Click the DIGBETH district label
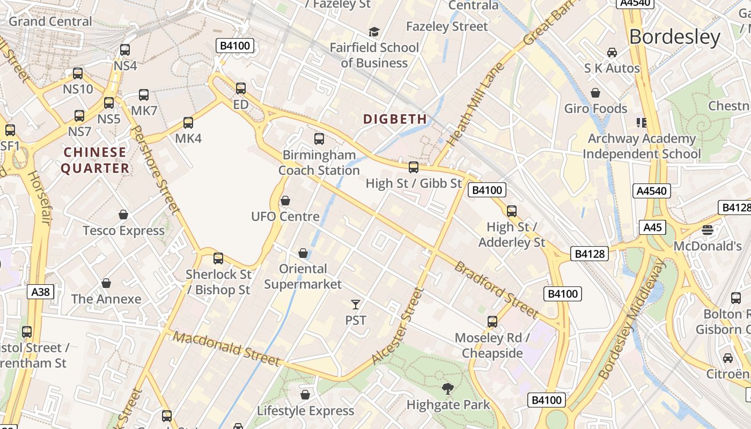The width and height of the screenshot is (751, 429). [x=395, y=119]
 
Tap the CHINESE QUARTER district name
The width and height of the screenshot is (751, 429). [x=95, y=160]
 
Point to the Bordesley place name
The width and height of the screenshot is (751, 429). [x=675, y=36]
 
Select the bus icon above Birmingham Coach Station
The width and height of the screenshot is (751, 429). [x=319, y=139]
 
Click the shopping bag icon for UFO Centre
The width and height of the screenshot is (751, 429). [x=285, y=201]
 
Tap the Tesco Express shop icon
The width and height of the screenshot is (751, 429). [x=123, y=214]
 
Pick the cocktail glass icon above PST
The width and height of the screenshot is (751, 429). [x=355, y=305]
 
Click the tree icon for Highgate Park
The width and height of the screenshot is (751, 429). [x=448, y=388]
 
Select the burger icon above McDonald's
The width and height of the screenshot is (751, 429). [x=708, y=231]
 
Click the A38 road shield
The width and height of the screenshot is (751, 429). [x=40, y=292]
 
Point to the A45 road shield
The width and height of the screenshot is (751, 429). [x=652, y=227]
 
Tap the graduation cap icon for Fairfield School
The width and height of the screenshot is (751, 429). [x=374, y=32]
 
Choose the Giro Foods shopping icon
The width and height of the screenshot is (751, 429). [x=595, y=93]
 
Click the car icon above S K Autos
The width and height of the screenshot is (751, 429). [x=612, y=53]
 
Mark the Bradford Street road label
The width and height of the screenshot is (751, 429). [x=496, y=289]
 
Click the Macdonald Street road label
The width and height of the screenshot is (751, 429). [x=227, y=349]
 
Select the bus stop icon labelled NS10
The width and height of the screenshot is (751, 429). [x=78, y=73]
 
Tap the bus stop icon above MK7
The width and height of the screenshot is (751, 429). [x=144, y=95]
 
